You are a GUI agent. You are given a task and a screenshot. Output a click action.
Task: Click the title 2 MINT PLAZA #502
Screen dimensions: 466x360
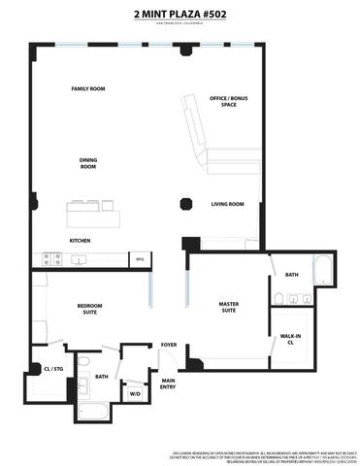(x=180, y=15)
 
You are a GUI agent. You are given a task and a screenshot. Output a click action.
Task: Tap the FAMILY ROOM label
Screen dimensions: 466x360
(x=88, y=89)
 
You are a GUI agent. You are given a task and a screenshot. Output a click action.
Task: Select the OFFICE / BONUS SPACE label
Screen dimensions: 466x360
(x=222, y=102)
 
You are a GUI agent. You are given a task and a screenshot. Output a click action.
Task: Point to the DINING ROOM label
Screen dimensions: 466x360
(x=87, y=163)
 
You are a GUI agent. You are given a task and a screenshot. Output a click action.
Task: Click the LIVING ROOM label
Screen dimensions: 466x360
(x=228, y=204)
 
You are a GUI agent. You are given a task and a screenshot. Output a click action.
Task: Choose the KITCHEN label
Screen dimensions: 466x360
(x=81, y=240)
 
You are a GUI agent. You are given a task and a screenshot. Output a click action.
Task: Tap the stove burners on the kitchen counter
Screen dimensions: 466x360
(x=51, y=258)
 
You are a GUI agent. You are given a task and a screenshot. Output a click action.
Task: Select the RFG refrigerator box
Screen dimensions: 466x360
(x=140, y=258)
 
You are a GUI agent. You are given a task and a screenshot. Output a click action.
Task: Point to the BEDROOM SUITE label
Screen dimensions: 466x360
(x=88, y=310)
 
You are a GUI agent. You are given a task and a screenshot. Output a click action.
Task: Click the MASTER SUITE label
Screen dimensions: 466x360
(x=228, y=308)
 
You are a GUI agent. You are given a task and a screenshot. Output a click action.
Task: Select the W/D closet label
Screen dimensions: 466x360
(x=135, y=393)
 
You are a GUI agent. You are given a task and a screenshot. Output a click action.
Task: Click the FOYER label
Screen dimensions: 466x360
(x=169, y=345)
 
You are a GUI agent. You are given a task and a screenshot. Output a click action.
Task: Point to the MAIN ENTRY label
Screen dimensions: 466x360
(x=169, y=383)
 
